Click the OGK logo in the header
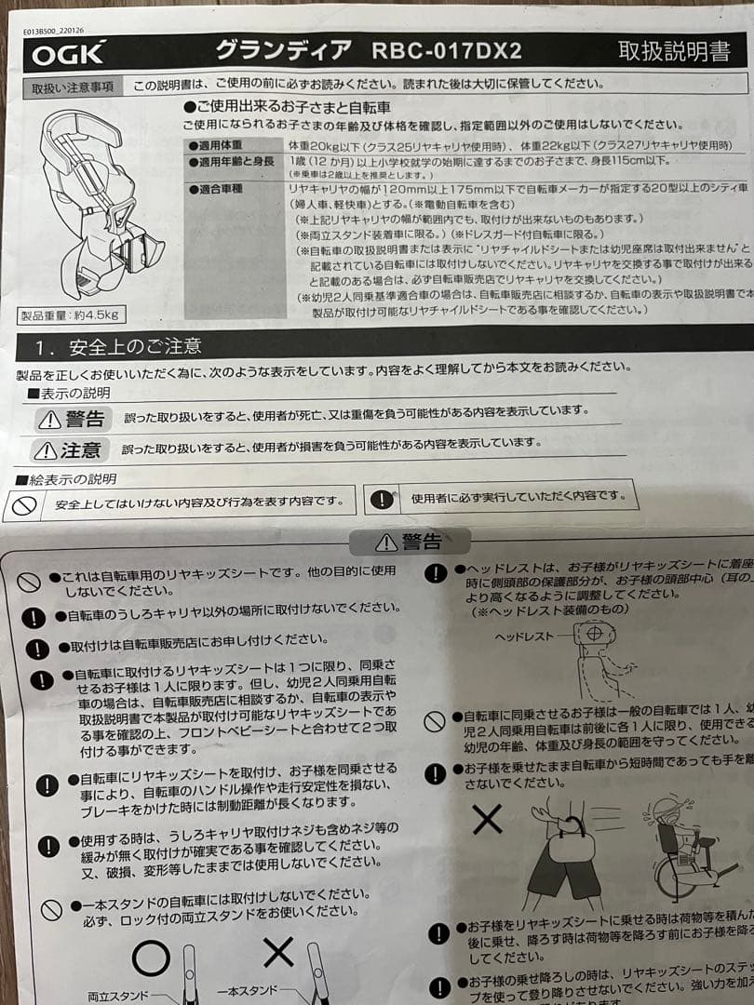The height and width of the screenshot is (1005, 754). pos(69,54)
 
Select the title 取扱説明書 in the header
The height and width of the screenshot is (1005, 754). pos(674,51)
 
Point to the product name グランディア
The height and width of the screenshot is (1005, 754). pos(284,49)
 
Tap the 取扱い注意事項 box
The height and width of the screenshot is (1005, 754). pos(73,87)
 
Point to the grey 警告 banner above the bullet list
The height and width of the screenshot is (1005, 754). pos(409,542)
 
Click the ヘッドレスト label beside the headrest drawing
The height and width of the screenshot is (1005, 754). pos(522,637)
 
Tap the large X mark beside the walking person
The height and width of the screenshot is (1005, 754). pos(487,819)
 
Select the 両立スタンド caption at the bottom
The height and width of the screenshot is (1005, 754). pos(118,996)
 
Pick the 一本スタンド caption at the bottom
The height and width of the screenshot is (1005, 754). pos(248,993)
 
